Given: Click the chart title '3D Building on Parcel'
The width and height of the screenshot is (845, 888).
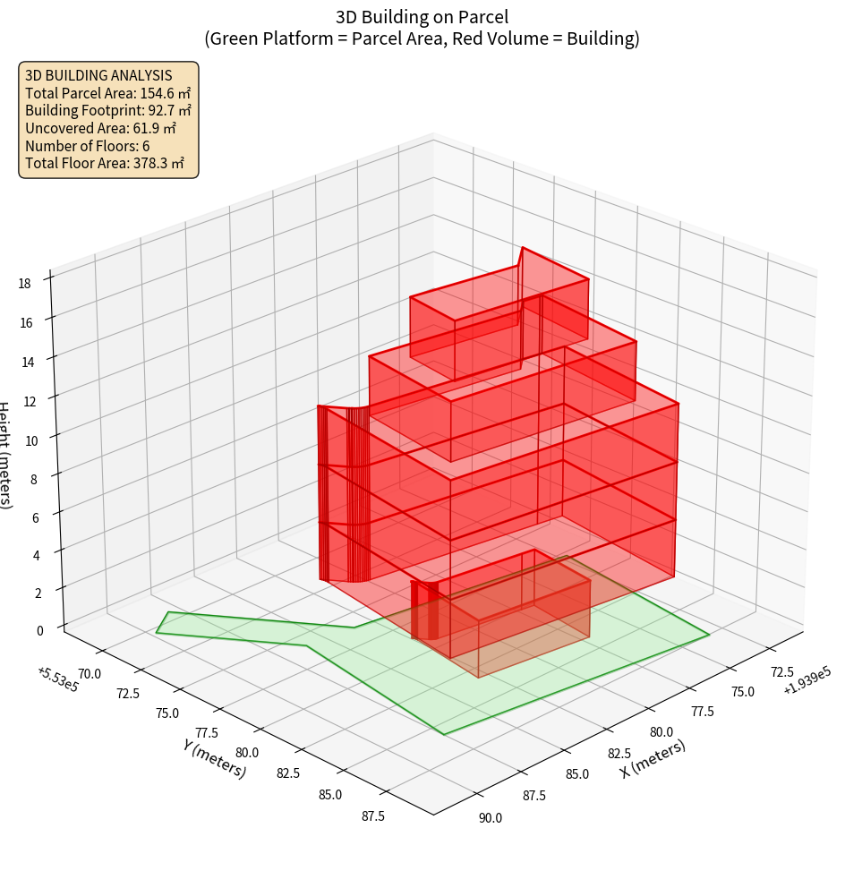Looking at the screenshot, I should (x=422, y=16).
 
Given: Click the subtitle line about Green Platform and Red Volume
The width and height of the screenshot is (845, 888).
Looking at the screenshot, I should (x=422, y=38).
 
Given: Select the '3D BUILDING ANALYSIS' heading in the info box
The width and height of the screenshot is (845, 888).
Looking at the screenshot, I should (x=98, y=75).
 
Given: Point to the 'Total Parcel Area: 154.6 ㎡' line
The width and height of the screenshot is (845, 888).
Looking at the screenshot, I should (x=107, y=93).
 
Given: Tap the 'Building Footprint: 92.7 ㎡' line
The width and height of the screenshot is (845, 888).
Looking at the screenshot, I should (x=107, y=111).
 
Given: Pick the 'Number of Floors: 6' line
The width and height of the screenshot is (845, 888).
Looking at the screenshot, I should (x=87, y=146).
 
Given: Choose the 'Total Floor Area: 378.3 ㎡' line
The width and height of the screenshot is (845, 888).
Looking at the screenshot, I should (x=105, y=164).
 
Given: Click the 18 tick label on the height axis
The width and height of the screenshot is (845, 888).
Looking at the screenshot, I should (x=24, y=284).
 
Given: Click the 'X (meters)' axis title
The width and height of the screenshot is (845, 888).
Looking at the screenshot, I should (x=653, y=758).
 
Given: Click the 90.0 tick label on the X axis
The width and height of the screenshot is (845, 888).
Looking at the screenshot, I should (x=490, y=817).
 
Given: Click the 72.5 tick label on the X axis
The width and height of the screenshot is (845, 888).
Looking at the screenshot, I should (x=781, y=671).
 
